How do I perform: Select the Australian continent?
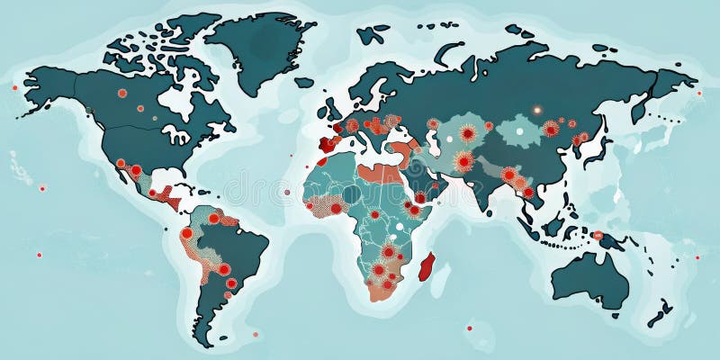click(x=589, y=279)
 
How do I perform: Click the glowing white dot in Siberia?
click(x=536, y=110)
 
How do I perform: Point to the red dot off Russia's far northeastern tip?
click(x=698, y=93)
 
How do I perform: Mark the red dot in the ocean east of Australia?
click(x=697, y=257)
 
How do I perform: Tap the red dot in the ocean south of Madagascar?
click(x=468, y=327)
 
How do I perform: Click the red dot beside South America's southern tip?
click(x=255, y=334)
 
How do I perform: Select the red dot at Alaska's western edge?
click(x=14, y=87)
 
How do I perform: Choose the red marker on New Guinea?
click(x=598, y=235)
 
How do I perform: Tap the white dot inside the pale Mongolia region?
click(x=524, y=130)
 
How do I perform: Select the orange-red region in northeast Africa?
click(x=376, y=172)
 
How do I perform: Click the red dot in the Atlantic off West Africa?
click(x=286, y=192)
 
